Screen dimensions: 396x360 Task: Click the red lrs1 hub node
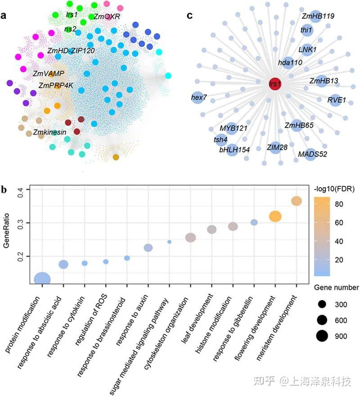pos(272,84)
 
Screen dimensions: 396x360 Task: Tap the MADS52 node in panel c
pos(311,154)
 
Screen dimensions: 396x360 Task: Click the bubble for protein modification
pos(42,280)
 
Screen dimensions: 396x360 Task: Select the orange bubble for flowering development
pos(275,216)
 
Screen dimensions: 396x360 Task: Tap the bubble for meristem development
pos(296,201)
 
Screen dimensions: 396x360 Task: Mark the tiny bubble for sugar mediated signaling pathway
pos(169,242)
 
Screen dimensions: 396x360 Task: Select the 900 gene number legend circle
pos(322,335)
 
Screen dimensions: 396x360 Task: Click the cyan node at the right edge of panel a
pos(168,76)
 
